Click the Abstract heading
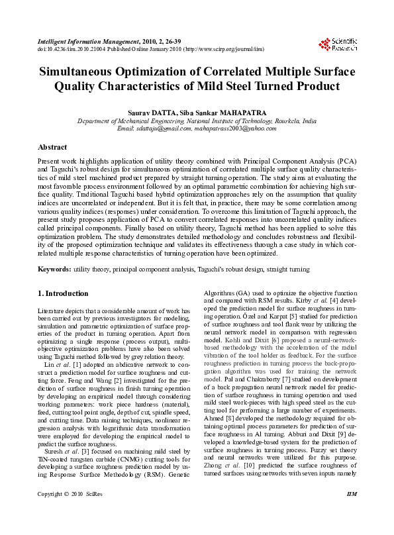52,146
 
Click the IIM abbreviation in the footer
352,513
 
